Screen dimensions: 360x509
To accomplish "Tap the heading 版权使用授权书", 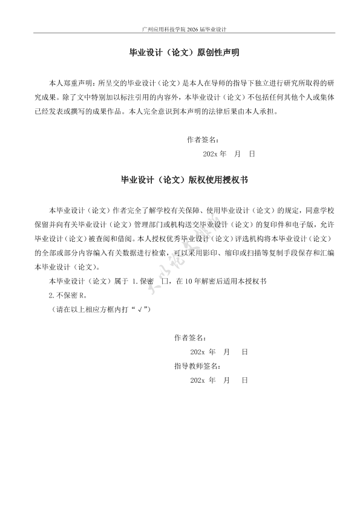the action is tap(215, 180).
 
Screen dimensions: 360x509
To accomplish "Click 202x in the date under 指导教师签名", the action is tap(197, 380).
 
